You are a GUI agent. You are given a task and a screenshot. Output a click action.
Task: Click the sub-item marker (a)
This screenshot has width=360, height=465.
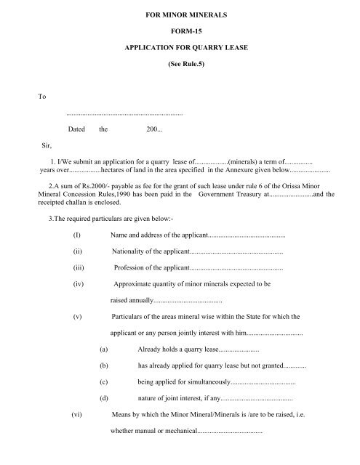click(105, 349)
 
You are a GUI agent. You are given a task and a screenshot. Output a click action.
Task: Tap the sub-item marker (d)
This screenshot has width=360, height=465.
click(105, 397)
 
